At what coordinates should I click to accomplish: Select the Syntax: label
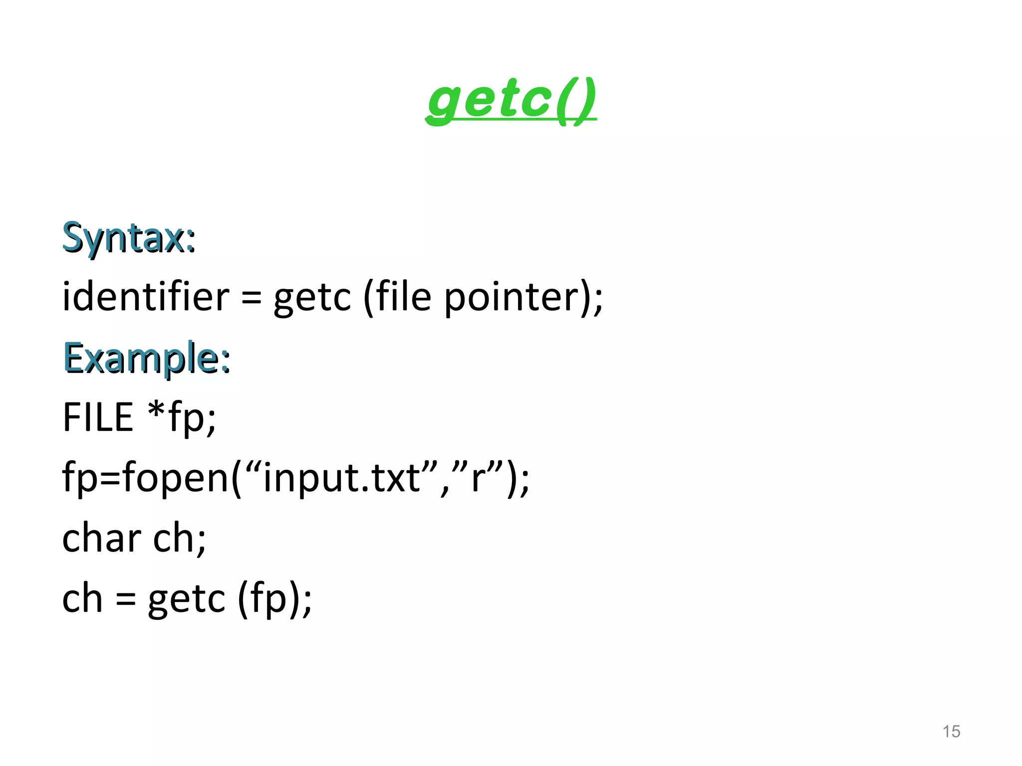point(129,237)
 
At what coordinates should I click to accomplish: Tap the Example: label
point(147,358)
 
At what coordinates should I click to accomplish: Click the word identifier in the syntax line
point(146,297)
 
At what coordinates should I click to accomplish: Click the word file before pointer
point(403,297)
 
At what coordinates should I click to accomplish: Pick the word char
point(102,539)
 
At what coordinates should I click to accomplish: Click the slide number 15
point(951,732)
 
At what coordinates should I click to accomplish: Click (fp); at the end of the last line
point(275,598)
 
